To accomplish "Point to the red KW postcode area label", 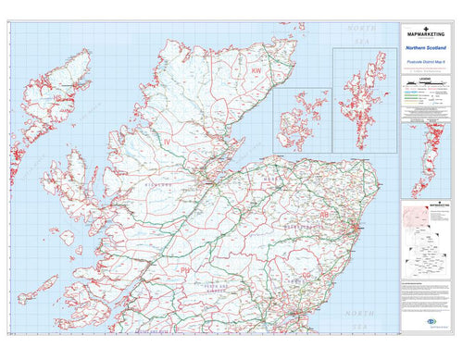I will click(256, 70).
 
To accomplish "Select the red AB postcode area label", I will click(323, 215).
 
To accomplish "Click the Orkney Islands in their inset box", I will click(301, 120).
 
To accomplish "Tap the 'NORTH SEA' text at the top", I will click(361, 35).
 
